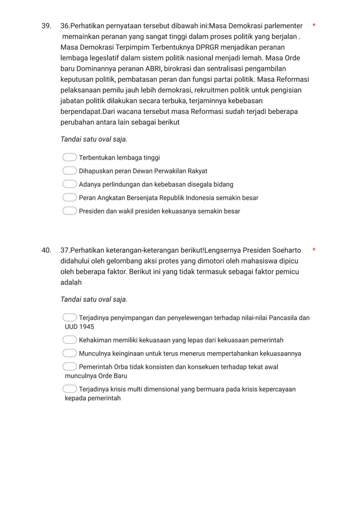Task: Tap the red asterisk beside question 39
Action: (x=314, y=26)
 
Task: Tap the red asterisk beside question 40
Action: (x=314, y=249)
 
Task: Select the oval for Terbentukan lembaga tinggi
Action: (x=69, y=158)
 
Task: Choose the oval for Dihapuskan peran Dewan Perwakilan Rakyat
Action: (x=69, y=171)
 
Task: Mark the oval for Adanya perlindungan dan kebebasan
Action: (x=69, y=185)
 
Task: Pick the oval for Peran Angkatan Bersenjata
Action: (x=69, y=198)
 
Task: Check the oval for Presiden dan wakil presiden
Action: (x=69, y=211)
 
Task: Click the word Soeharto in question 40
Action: (x=287, y=250)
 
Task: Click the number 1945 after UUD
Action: (x=86, y=327)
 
